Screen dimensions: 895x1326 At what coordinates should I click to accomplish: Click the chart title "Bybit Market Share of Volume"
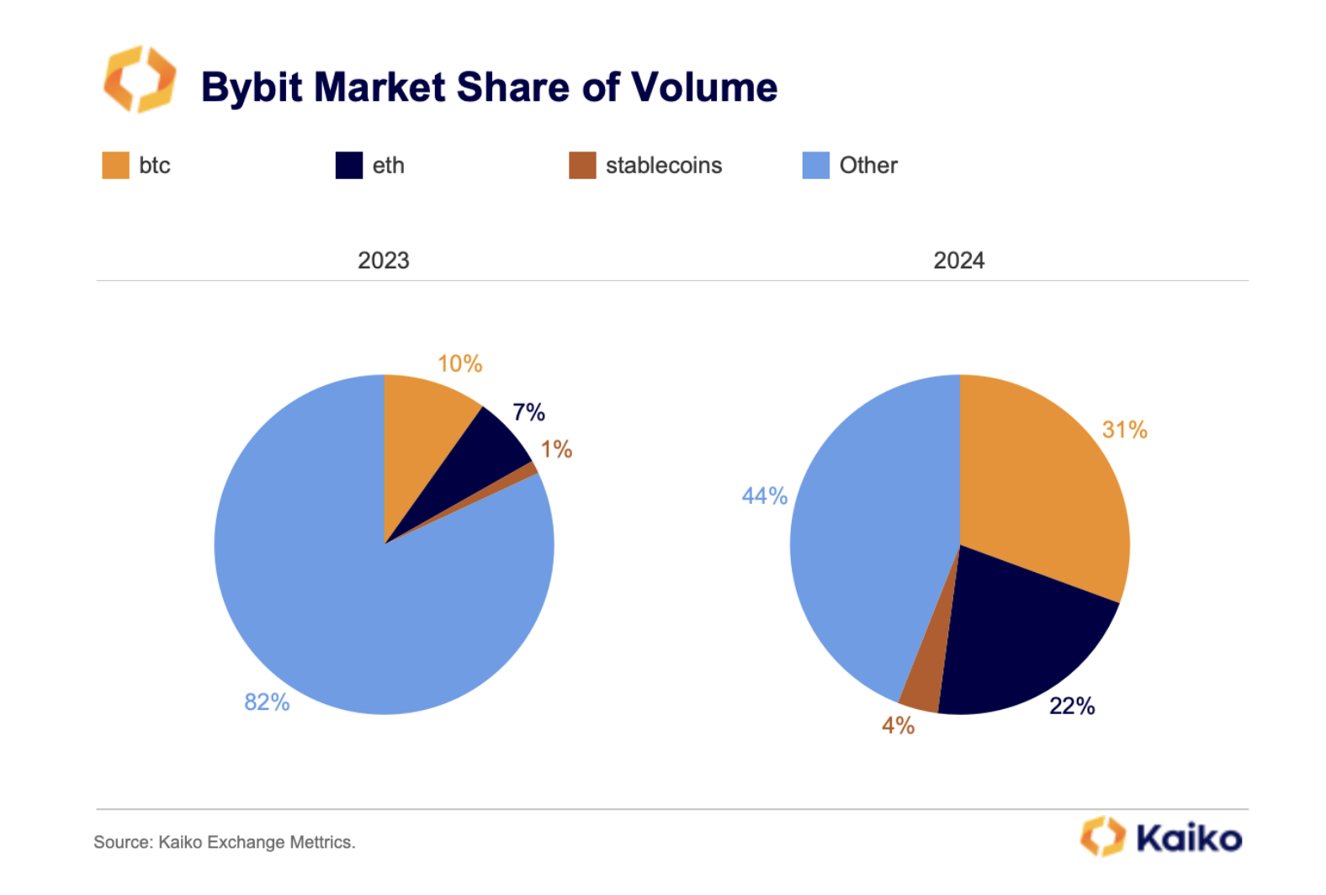pos(489,87)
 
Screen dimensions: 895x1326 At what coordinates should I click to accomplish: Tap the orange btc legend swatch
pos(115,166)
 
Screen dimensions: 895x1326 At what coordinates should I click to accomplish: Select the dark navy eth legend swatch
pos(348,166)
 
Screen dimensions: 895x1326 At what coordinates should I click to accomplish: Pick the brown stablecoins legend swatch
pos(582,166)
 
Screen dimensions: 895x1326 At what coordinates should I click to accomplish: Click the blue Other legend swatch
pos(815,166)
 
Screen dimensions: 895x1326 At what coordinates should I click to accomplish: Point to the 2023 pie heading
pos(384,261)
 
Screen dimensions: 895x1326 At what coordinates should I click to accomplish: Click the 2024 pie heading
pos(958,261)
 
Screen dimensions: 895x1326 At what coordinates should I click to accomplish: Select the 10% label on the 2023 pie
pos(459,364)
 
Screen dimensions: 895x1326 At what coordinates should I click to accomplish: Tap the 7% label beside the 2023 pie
pos(528,412)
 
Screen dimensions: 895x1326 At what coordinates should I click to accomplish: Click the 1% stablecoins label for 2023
pos(556,449)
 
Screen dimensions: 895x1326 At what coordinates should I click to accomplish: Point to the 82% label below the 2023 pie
pos(267,702)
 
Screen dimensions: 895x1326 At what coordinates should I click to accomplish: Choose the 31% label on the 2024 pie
pos(1124,430)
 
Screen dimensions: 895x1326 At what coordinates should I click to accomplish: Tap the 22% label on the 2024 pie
pos(1072,707)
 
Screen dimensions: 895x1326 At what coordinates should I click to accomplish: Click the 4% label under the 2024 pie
pos(898,725)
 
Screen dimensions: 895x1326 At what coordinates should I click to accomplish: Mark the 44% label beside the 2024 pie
pos(764,496)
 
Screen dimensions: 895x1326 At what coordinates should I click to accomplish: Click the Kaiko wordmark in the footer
pos(1188,839)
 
